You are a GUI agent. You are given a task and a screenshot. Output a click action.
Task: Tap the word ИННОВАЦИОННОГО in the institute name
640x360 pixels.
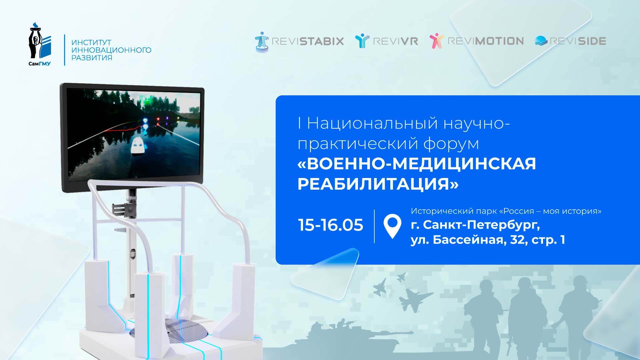(111, 50)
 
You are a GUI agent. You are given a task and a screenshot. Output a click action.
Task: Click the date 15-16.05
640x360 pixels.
(330, 225)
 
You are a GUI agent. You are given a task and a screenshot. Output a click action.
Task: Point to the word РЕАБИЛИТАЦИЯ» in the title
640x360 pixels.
(378, 184)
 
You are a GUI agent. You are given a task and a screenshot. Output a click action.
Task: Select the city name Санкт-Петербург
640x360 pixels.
(481, 225)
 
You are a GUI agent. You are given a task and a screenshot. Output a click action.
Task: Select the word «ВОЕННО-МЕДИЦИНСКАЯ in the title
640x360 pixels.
(417, 164)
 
